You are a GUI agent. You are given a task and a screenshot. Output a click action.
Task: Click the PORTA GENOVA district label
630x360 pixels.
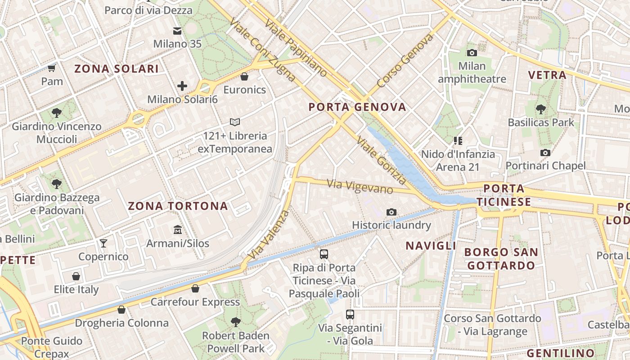pos(358,107)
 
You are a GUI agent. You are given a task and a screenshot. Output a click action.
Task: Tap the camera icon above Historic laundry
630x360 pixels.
pos(391,212)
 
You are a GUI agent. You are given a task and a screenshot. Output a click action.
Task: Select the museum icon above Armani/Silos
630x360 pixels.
pos(178,230)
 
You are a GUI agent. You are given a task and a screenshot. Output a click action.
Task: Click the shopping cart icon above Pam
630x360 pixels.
pos(52,68)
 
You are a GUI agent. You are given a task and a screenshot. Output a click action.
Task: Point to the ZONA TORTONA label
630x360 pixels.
pos(178,206)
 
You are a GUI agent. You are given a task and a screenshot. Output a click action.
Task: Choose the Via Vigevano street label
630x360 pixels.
pos(360,186)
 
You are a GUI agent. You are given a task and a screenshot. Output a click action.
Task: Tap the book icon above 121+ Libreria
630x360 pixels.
pos(235,122)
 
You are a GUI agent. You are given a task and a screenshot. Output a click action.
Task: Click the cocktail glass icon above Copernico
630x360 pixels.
pos(103,243)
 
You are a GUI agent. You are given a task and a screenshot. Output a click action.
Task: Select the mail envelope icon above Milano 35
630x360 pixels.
pos(177,31)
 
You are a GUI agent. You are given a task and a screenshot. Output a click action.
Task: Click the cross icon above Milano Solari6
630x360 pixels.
pos(182,85)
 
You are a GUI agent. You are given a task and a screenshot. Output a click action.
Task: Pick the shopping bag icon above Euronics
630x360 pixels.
pos(244,76)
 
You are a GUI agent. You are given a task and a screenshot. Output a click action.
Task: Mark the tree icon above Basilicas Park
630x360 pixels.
pos(541,109)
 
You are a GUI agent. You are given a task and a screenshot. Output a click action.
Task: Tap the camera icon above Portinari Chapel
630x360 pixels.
pos(545,153)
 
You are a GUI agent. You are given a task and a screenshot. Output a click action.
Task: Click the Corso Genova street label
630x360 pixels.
pos(405,61)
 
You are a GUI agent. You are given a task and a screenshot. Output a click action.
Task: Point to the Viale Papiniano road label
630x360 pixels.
pos(296,48)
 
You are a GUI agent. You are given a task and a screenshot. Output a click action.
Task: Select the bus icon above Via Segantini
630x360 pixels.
pos(350,315)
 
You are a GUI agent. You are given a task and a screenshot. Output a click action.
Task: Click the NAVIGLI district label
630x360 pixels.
pos(431,246)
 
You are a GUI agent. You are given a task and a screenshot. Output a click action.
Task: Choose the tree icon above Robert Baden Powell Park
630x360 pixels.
pos(235,322)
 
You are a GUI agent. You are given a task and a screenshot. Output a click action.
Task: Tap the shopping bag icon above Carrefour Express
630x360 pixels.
pos(195,288)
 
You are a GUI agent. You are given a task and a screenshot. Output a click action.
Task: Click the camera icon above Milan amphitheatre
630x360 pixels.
pos(472,53)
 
